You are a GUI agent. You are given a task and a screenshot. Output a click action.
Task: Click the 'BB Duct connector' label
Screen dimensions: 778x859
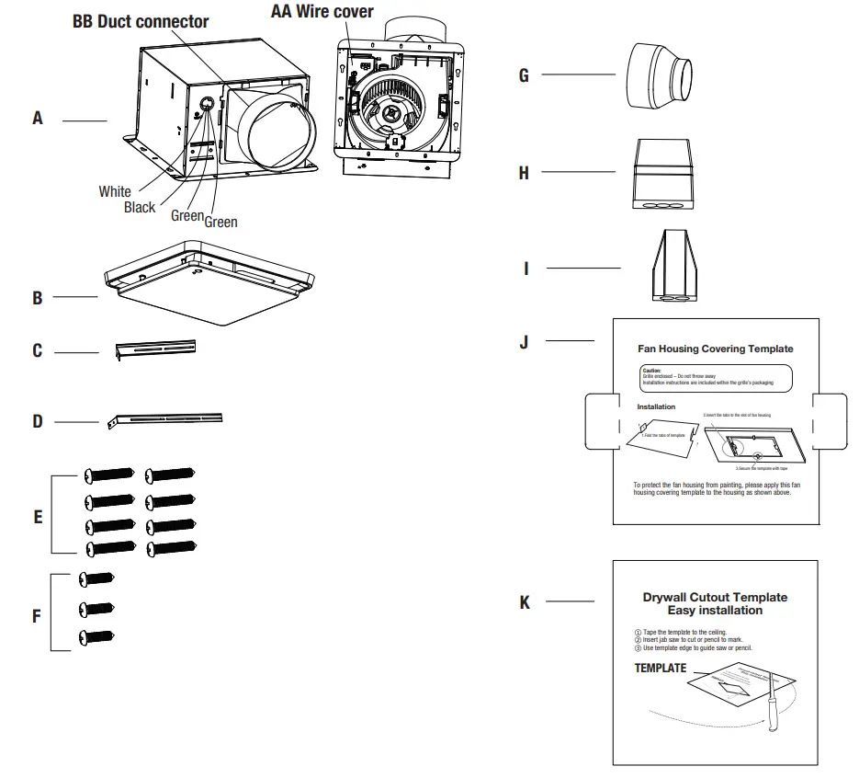coord(141,21)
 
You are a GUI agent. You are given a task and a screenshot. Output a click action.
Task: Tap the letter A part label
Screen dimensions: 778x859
coord(38,119)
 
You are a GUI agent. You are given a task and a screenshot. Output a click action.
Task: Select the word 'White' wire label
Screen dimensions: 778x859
coord(115,191)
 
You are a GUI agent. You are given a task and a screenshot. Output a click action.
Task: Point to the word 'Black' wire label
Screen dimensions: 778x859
coord(140,208)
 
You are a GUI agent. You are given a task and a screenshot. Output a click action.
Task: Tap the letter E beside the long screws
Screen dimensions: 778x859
coord(38,517)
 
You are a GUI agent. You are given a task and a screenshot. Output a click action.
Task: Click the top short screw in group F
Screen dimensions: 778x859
coord(97,578)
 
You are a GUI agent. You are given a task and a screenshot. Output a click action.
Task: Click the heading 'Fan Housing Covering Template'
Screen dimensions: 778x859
coord(715,349)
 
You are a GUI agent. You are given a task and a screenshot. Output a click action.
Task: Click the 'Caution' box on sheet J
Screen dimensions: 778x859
coord(715,378)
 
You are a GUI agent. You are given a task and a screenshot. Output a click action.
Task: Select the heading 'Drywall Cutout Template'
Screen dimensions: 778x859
coord(715,597)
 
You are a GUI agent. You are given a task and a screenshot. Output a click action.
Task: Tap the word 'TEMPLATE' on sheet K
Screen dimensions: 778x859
coord(660,669)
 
